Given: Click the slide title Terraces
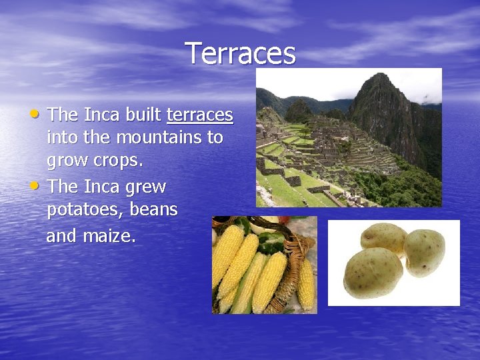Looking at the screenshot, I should (x=240, y=53).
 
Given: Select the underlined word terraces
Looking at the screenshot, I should (x=199, y=115).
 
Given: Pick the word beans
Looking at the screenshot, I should (x=153, y=210).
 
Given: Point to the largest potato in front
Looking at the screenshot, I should (x=373, y=273).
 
